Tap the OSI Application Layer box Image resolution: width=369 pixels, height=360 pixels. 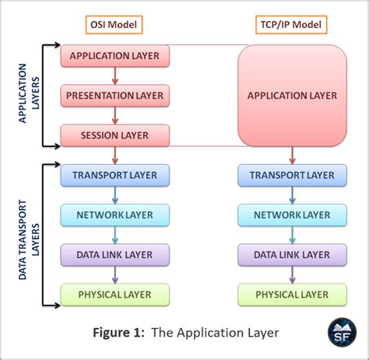click(115, 56)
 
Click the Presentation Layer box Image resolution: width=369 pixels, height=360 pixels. click(115, 96)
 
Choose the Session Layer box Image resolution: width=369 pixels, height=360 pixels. click(115, 135)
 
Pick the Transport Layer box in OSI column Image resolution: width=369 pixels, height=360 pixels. click(115, 175)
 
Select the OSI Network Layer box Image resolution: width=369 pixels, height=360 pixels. click(115, 215)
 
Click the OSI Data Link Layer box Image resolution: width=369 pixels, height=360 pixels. click(115, 254)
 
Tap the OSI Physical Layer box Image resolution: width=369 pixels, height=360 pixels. click(115, 294)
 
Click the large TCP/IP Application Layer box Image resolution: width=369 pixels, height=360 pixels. click(292, 96)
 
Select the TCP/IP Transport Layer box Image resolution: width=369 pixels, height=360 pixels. click(292, 175)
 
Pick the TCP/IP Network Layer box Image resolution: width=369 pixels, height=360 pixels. click(292, 215)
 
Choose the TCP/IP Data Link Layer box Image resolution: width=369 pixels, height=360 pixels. click(292, 254)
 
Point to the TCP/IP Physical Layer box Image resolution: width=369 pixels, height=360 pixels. click(292, 294)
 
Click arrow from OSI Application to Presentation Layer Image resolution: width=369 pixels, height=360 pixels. click(115, 76)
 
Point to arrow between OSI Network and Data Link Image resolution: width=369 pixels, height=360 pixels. click(115, 234)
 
